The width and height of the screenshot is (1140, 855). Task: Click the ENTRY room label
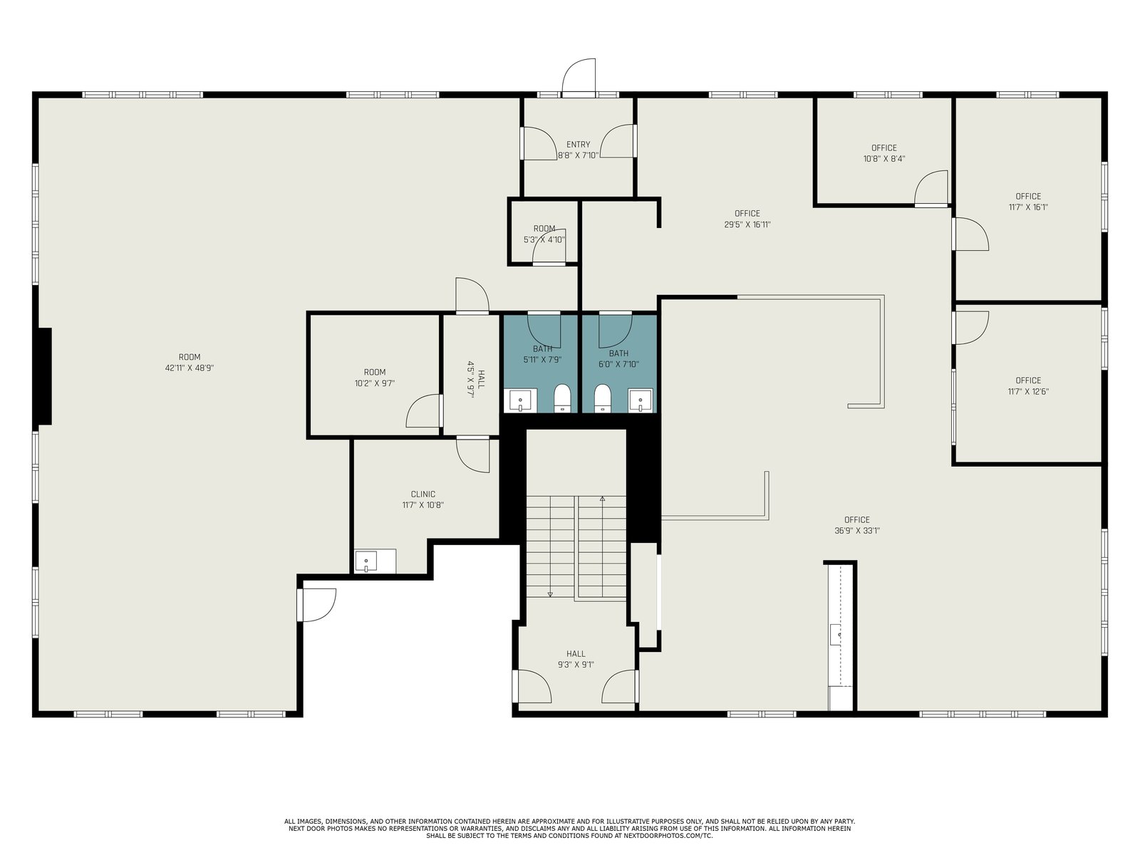pos(578,145)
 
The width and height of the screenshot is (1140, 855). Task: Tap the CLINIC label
pos(423,494)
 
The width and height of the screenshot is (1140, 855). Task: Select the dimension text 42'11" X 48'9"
pos(190,368)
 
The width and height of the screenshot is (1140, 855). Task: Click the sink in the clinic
pos(366,561)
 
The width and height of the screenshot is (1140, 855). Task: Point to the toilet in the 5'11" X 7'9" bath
pos(562,398)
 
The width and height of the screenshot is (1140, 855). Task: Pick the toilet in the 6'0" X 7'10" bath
pos(602,398)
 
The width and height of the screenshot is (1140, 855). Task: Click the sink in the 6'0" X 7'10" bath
pos(641,400)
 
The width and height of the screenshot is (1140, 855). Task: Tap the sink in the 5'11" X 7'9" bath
pos(520,400)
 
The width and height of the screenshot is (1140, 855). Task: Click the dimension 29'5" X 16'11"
pos(747,224)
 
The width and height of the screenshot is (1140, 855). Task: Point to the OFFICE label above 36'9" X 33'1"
pos(856,519)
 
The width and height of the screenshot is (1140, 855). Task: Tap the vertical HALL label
pos(481,379)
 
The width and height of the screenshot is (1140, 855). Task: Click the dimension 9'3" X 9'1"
pos(576,665)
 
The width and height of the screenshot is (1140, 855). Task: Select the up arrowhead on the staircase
pos(603,499)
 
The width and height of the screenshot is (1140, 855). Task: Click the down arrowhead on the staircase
pos(550,594)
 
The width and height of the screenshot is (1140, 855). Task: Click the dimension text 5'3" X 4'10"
pos(544,240)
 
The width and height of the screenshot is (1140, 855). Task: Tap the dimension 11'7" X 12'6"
pos(1028,392)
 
